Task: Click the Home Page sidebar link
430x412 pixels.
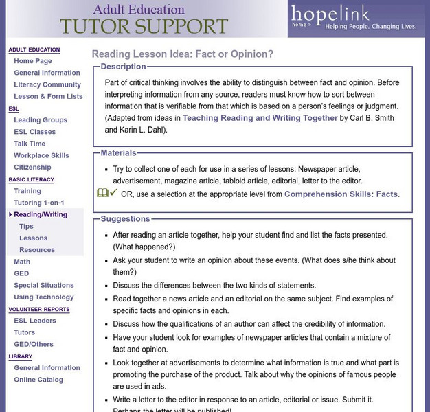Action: point(33,61)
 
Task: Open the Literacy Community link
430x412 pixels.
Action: point(47,84)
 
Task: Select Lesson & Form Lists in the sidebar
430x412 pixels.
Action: point(48,96)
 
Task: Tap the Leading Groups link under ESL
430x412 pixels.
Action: point(41,120)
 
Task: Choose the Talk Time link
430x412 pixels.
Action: point(30,144)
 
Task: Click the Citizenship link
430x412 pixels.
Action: point(32,167)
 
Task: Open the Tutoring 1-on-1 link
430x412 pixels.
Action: point(39,203)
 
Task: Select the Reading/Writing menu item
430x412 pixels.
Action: point(41,214)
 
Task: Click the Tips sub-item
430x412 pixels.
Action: point(26,226)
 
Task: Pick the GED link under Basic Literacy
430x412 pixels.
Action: point(21,273)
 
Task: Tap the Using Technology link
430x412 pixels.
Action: point(44,297)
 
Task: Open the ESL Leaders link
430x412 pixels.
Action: point(35,321)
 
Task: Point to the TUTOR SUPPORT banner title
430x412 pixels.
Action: point(144,26)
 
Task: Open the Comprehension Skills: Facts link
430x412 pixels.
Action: point(341,194)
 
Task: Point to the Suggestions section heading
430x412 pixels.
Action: point(125,219)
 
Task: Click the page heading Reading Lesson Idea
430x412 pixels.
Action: point(182,54)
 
